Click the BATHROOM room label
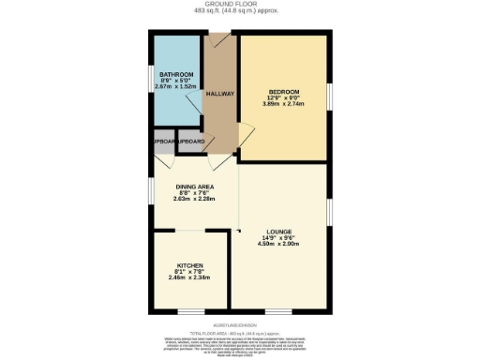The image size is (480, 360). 176,74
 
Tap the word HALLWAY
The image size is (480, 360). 219,94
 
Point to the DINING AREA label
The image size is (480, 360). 195,187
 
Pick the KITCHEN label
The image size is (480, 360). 189,265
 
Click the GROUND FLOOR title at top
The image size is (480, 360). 239,4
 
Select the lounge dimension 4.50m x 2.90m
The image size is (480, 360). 278,246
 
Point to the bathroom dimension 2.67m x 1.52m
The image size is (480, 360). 176,87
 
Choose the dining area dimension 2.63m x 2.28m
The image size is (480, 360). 195,200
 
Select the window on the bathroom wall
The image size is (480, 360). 153,80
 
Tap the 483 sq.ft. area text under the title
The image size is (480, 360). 239,11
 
